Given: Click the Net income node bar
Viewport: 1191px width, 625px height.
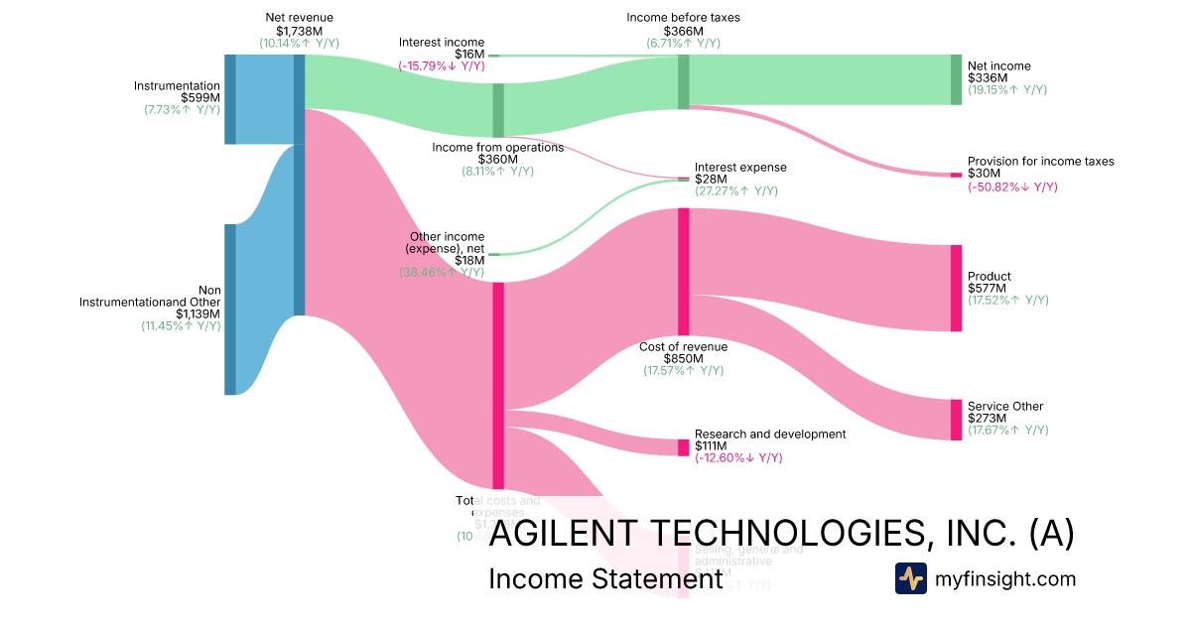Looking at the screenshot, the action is pyautogui.click(x=956, y=79).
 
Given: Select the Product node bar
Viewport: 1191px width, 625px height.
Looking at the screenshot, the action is pyautogui.click(x=956, y=288).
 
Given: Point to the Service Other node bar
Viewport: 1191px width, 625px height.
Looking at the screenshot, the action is pyautogui.click(x=956, y=420).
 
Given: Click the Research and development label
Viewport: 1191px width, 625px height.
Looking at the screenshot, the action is pyautogui.click(x=769, y=434).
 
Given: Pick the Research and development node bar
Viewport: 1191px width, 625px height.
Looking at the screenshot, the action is pyautogui.click(x=683, y=447).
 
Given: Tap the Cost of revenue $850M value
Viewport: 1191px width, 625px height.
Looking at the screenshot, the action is pyautogui.click(x=683, y=358).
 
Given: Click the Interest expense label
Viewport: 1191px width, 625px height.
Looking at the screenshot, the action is pyautogui.click(x=739, y=167).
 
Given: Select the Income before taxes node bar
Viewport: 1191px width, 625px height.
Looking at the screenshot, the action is pyautogui.click(x=683, y=81).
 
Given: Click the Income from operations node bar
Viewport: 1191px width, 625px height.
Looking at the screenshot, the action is pyautogui.click(x=498, y=110).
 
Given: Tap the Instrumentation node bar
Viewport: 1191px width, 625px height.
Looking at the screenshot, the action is pyautogui.click(x=230, y=99).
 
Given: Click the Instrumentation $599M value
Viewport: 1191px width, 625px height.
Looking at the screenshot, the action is pyautogui.click(x=200, y=97).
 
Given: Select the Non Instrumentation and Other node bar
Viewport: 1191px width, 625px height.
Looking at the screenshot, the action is pyautogui.click(x=230, y=310).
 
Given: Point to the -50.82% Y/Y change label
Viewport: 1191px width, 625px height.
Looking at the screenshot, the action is pyautogui.click(x=1012, y=187).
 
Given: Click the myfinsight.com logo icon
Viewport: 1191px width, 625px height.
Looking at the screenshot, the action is pyautogui.click(x=910, y=578).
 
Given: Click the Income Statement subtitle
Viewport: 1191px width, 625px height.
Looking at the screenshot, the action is pyautogui.click(x=604, y=578).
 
